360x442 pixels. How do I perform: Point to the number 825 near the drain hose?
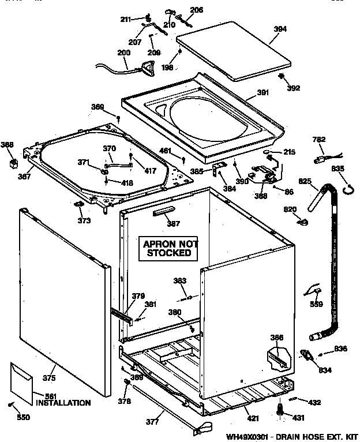305,181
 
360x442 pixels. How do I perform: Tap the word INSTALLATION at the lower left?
63,403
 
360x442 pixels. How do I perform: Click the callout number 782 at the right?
319,139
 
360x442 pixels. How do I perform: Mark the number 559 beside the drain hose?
316,305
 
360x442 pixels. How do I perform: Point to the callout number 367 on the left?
24,177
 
